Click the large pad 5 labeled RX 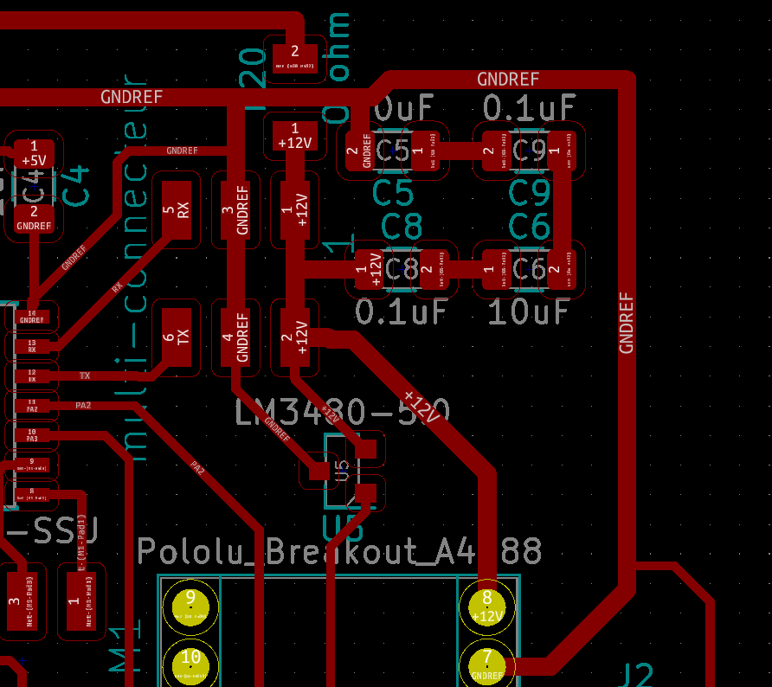click(x=177, y=211)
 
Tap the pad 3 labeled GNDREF click(x=235, y=210)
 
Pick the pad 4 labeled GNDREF click(x=235, y=337)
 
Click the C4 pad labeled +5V click(x=34, y=153)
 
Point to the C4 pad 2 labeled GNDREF click(x=34, y=218)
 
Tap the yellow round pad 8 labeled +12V click(x=487, y=607)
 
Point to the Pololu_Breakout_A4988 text click(x=340, y=551)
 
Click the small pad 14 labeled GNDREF click(x=32, y=317)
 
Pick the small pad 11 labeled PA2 click(x=32, y=404)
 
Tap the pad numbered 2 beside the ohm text click(x=294, y=57)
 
